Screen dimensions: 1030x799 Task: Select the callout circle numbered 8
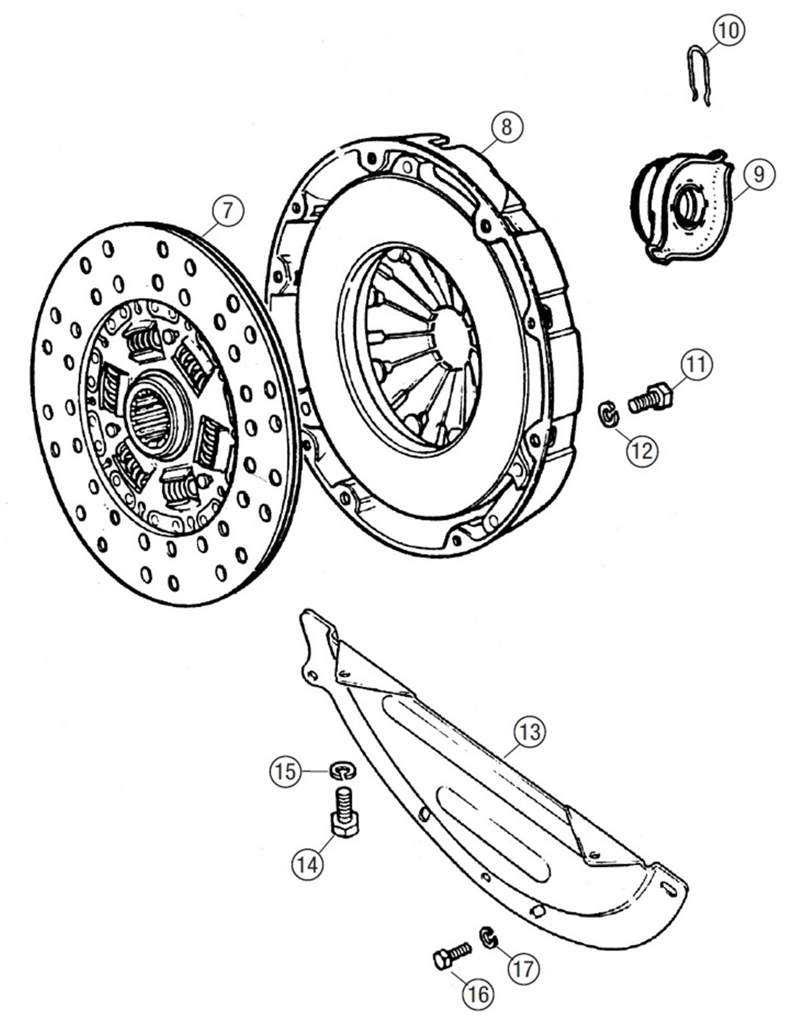(x=506, y=127)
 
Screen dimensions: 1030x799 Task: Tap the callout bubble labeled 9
(x=758, y=174)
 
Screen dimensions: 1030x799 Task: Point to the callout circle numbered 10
(x=728, y=31)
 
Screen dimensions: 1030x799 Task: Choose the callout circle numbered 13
(x=530, y=732)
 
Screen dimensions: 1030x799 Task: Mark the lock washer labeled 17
(x=488, y=937)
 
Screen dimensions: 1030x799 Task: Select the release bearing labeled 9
(x=680, y=209)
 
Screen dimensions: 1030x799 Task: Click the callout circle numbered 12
(x=641, y=451)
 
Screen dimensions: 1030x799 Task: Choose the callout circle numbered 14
(x=308, y=864)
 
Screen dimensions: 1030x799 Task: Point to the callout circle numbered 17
(x=523, y=968)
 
